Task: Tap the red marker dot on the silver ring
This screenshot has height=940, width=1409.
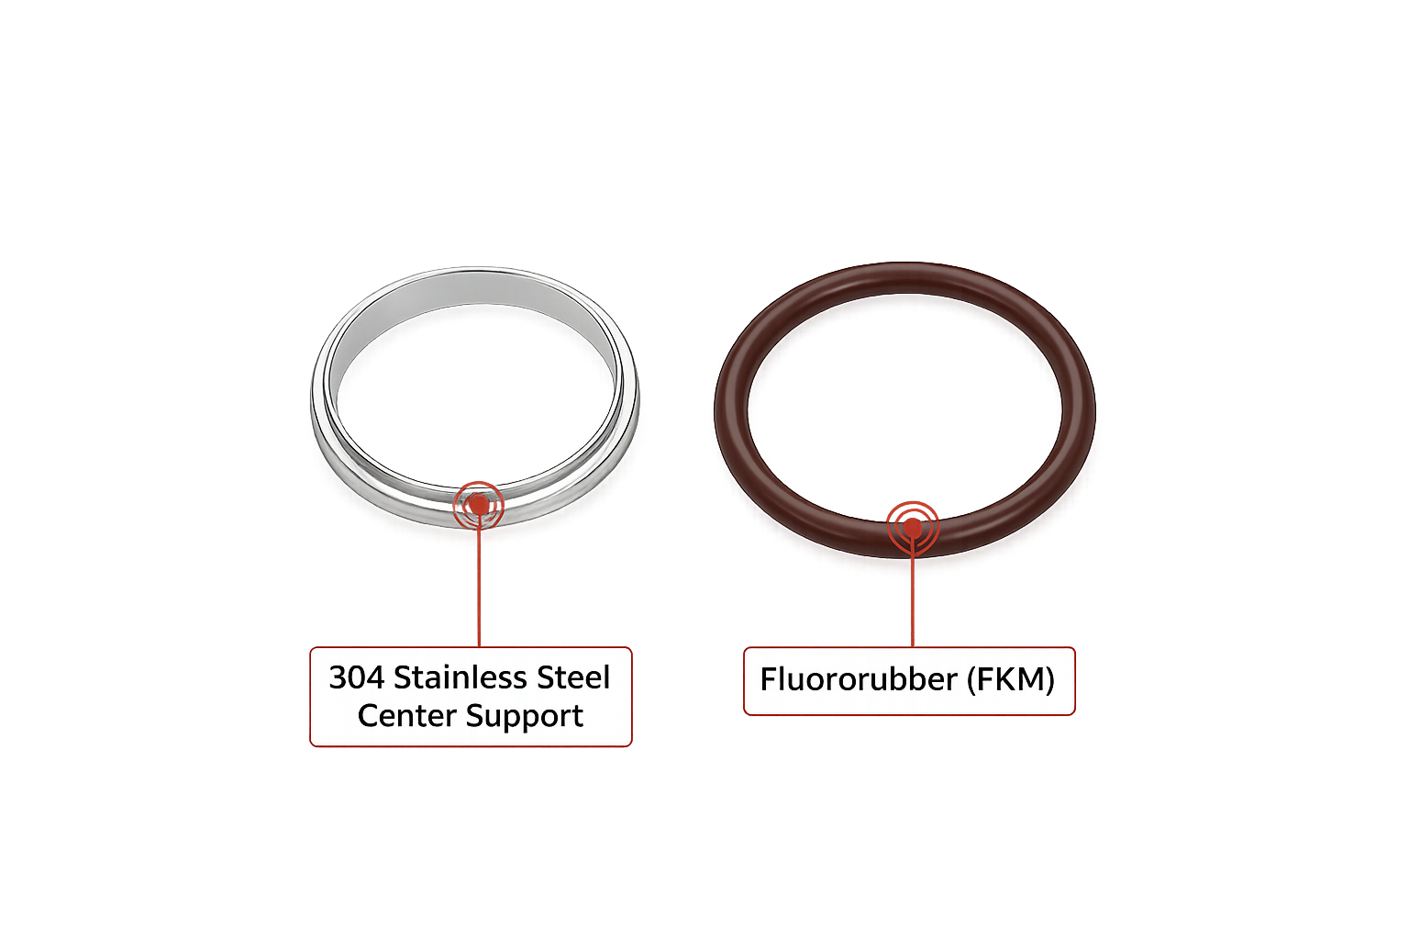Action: tap(478, 504)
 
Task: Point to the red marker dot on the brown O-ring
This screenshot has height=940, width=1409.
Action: tap(912, 527)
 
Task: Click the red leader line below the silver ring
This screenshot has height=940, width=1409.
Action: tap(479, 587)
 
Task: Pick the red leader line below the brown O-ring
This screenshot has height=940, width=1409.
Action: tap(912, 597)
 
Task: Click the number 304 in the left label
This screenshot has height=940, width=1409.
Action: tap(356, 677)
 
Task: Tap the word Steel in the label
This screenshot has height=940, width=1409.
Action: tap(573, 677)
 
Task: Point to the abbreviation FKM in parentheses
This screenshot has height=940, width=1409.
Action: tap(1008, 680)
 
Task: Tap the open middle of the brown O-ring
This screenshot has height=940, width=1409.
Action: tap(904, 404)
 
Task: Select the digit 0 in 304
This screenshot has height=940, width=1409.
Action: tap(356, 677)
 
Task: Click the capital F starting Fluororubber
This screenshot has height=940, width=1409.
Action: tap(769, 680)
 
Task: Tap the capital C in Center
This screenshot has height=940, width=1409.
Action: tap(368, 715)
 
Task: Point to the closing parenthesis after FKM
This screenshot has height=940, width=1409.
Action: tap(1049, 680)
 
